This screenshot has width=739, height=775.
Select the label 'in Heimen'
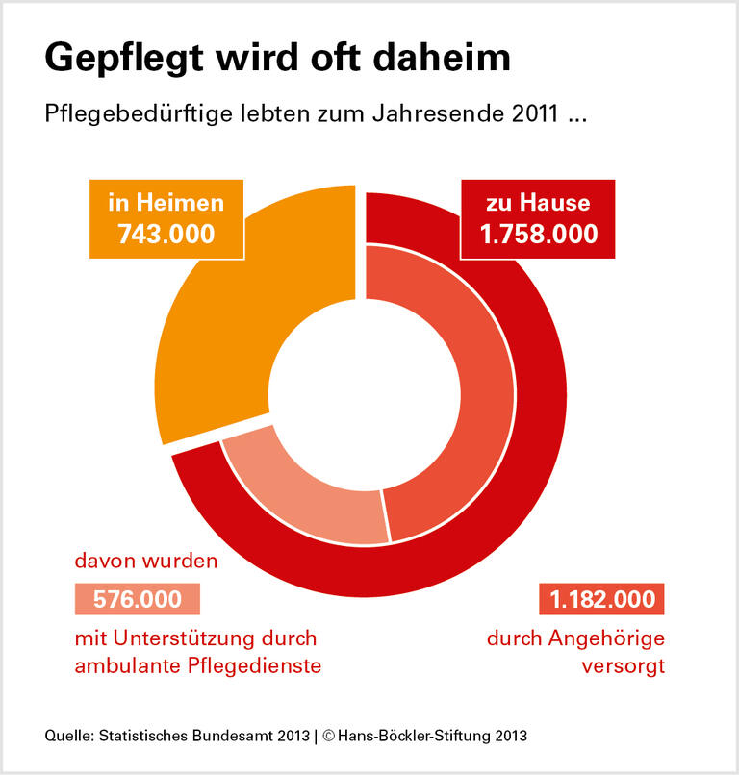[x=166, y=203]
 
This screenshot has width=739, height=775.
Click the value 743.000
[x=166, y=234]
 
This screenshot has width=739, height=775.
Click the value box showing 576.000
[x=138, y=599]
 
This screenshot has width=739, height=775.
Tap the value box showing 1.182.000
[x=602, y=600]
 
